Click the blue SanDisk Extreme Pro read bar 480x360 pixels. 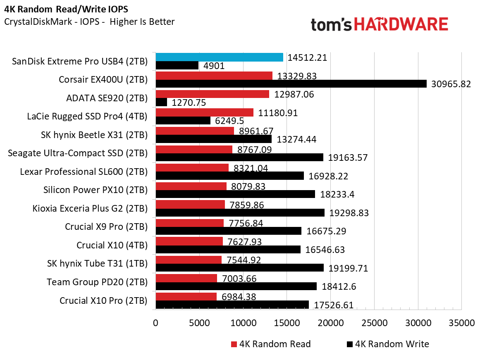click(x=219, y=57)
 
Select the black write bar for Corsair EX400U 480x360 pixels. click(x=291, y=84)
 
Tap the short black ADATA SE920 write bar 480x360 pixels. click(x=161, y=102)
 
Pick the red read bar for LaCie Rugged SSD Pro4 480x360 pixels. click(x=205, y=112)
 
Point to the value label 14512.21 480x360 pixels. click(x=307, y=58)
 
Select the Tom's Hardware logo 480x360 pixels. click(x=379, y=25)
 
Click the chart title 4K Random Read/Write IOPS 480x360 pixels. click(x=61, y=9)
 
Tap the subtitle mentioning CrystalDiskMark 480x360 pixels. click(x=89, y=21)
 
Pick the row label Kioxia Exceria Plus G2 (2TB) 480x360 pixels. click(x=90, y=208)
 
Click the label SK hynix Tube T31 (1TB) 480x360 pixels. click(x=97, y=264)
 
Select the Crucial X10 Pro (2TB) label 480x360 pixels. click(x=103, y=300)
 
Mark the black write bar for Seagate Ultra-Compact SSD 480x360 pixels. click(x=239, y=157)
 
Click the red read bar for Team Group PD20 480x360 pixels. click(x=186, y=278)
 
